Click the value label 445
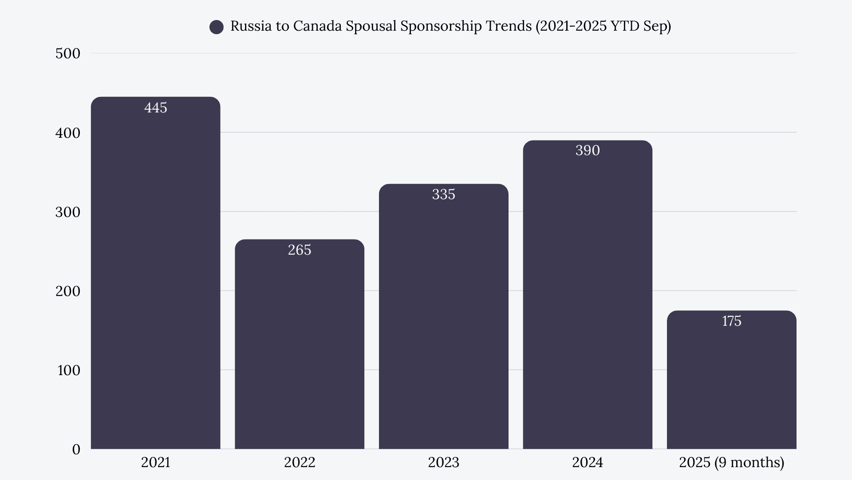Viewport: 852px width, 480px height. point(156,108)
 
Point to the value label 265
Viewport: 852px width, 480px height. point(300,250)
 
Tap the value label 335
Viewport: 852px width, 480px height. point(443,195)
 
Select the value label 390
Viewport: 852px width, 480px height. point(588,151)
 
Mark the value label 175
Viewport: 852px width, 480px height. point(731,321)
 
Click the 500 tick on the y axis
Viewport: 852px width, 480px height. point(68,54)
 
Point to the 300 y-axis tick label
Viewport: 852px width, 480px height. point(68,212)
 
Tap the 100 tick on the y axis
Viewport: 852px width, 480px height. point(69,370)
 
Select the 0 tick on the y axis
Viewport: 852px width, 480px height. point(76,449)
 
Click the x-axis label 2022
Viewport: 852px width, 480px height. point(300,463)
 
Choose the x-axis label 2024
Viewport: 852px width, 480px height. point(588,463)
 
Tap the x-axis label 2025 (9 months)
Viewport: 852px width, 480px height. point(731,463)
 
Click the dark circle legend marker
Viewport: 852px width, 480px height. point(217,27)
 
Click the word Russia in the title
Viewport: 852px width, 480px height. point(251,26)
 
